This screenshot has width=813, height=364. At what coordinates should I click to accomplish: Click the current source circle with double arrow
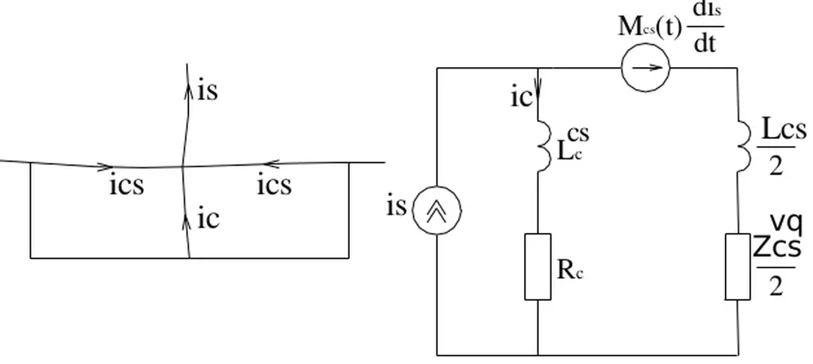coord(437,210)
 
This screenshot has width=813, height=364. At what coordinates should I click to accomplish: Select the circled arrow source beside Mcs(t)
coord(645,68)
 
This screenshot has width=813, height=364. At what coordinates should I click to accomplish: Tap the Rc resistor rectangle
coord(537,267)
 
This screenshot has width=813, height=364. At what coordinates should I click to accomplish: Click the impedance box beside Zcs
coord(738,267)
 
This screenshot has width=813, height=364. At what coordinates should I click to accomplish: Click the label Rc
coord(570,270)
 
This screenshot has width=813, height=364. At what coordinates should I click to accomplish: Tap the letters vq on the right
coord(786,223)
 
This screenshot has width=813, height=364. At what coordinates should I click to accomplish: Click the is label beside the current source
coord(396,205)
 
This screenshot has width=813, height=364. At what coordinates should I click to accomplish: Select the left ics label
coord(126,185)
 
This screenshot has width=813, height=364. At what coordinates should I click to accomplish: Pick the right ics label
coord(274,185)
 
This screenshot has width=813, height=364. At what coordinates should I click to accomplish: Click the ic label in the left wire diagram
coord(209,219)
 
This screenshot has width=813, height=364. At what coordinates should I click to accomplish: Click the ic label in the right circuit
coord(521,97)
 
